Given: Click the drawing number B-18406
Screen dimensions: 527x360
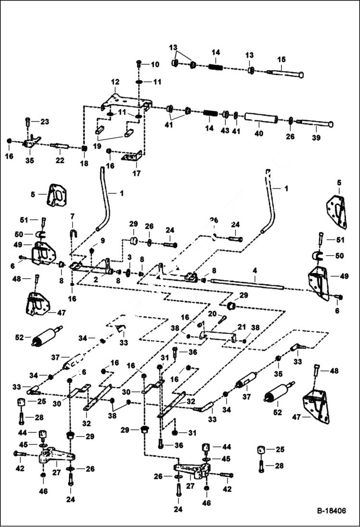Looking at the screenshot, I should [x=331, y=511].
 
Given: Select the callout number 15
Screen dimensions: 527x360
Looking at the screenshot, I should [x=281, y=59].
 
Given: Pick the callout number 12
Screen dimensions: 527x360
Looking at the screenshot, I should [x=115, y=82].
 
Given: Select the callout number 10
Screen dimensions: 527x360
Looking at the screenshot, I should [x=154, y=64].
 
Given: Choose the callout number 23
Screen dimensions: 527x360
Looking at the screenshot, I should [x=44, y=122].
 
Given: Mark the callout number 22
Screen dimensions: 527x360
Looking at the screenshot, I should [x=60, y=160].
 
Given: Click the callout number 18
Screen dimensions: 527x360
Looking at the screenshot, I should [x=84, y=163].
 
